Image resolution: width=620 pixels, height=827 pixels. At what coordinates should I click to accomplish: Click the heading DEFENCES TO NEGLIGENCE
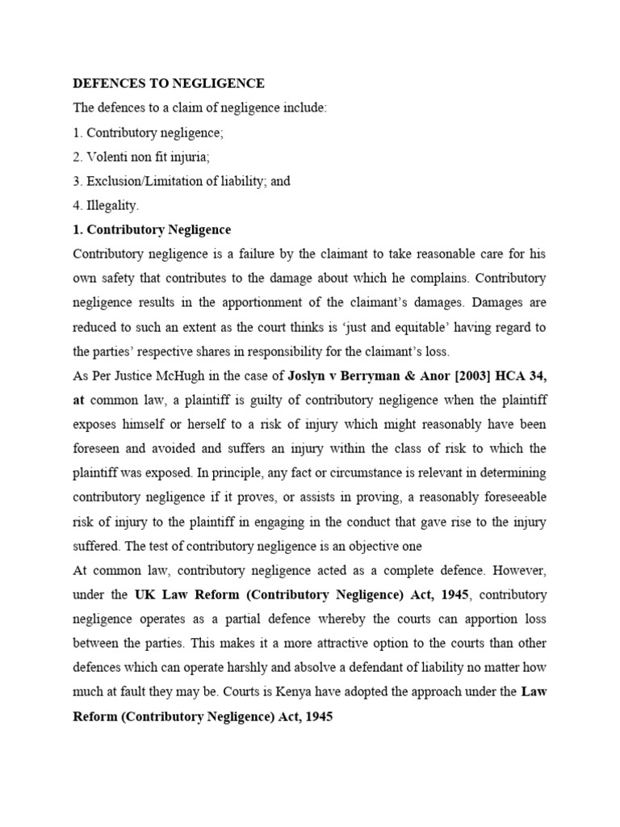[169, 83]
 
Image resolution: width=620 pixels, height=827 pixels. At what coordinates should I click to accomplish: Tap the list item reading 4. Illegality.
[106, 205]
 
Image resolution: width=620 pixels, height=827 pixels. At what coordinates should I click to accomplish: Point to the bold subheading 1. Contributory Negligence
[152, 229]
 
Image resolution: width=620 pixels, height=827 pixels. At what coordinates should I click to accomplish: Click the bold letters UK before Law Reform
[144, 594]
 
